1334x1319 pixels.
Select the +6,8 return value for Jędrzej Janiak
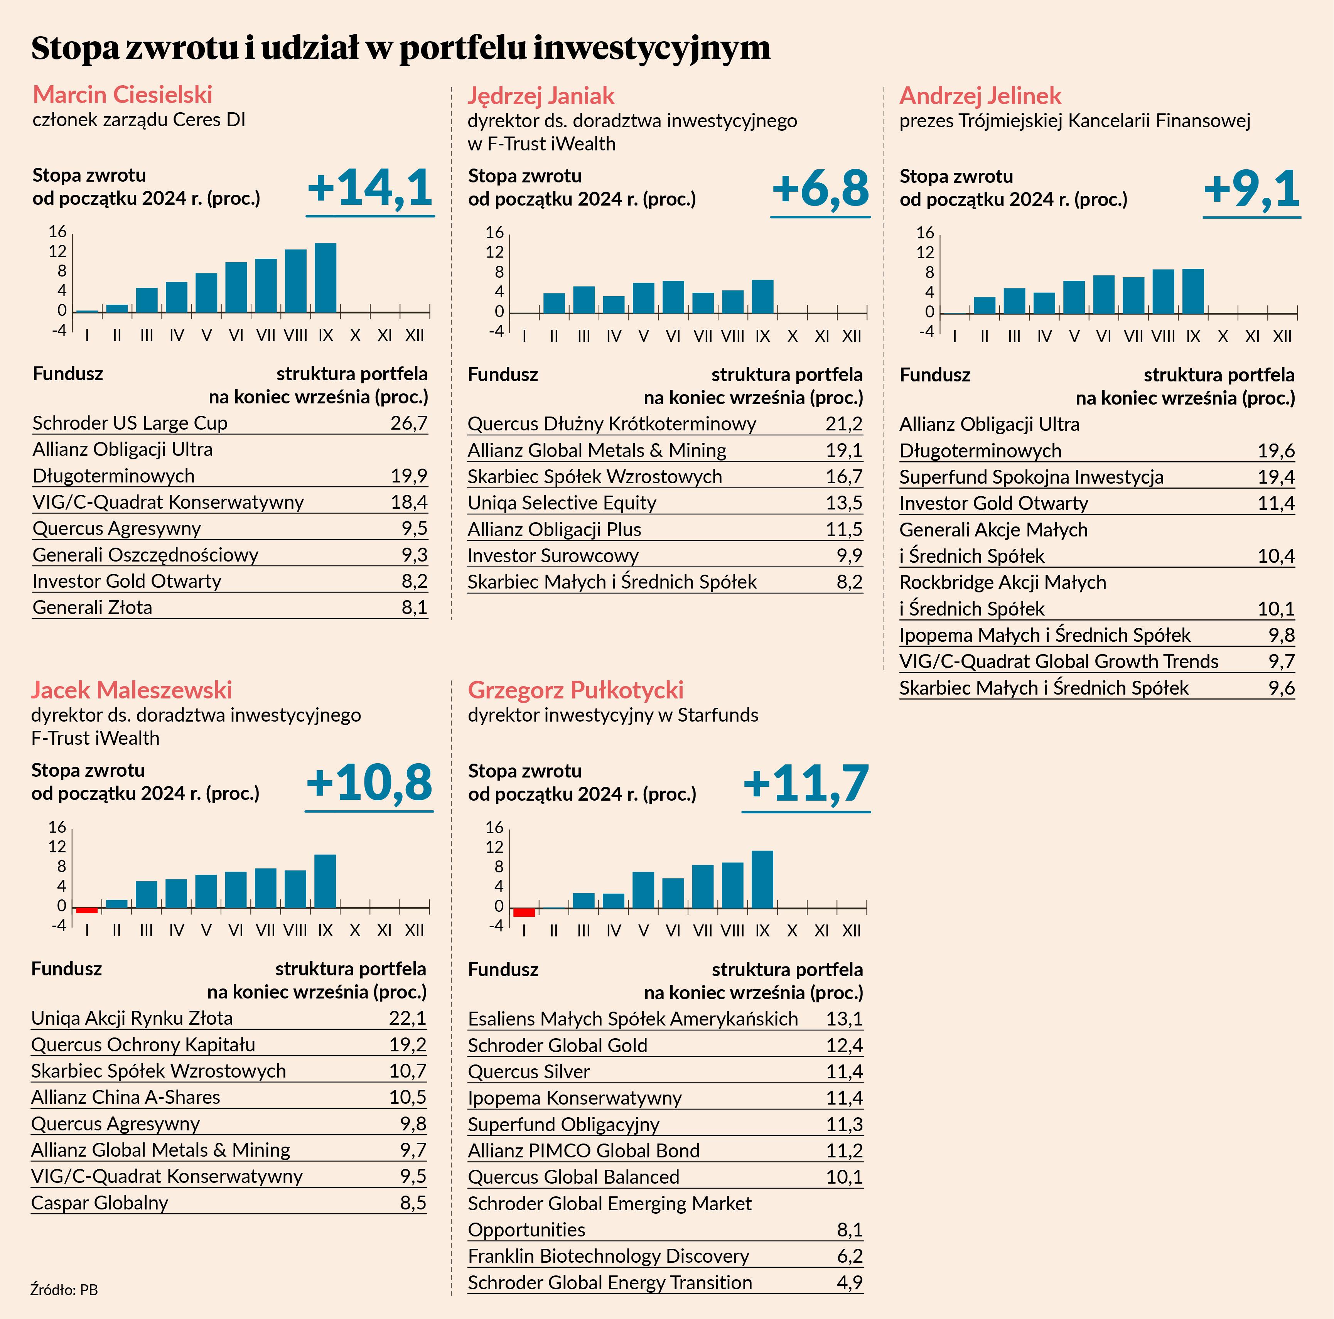[x=820, y=189]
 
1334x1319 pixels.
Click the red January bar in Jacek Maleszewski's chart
[x=87, y=910]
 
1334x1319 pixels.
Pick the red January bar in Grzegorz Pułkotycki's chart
[x=524, y=912]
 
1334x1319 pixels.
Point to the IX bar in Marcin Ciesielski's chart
[x=325, y=278]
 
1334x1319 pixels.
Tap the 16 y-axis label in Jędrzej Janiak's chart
[x=494, y=232]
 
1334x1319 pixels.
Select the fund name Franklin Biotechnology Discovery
[x=608, y=1255]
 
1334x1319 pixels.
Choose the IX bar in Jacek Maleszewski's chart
[x=325, y=881]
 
